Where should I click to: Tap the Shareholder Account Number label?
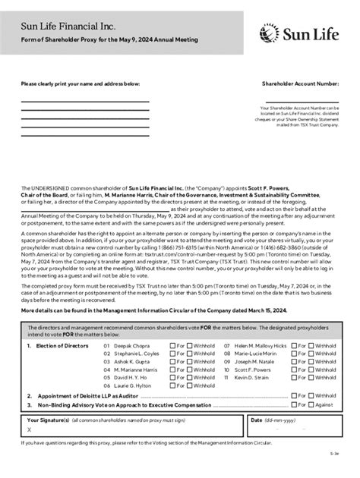301,83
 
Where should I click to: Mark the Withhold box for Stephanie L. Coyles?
190,353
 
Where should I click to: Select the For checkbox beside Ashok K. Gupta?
172,361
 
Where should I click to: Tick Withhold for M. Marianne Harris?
190,370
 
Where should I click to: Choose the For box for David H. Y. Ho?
172,377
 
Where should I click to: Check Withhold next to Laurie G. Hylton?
190,385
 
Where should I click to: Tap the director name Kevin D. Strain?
251,377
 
